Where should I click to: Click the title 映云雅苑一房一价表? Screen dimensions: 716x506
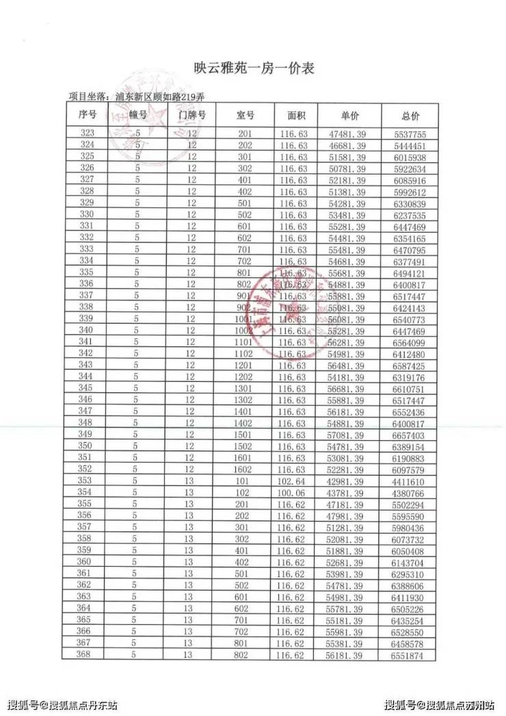tap(253, 68)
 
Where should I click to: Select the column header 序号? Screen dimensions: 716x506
tap(88, 115)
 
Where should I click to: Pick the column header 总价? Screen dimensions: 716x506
tap(410, 115)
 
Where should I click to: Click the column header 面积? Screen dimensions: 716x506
tap(295, 115)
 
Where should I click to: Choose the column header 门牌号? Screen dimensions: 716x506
tap(191, 115)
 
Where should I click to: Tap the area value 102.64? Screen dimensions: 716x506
tap(294, 481)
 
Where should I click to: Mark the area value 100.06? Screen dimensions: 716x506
tap(294, 493)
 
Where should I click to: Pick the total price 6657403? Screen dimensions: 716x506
tap(410, 435)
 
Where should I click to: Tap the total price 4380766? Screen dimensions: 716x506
tap(410, 493)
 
